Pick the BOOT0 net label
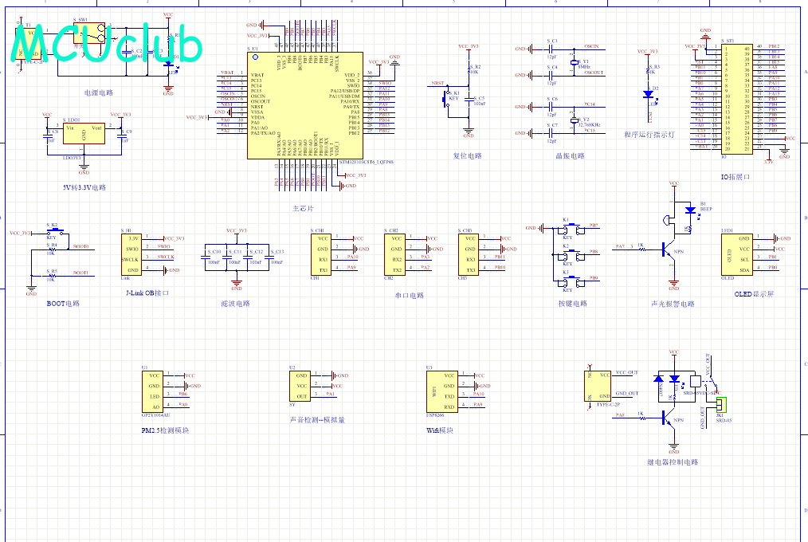80,247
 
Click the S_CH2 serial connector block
397,253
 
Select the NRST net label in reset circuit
437,83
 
